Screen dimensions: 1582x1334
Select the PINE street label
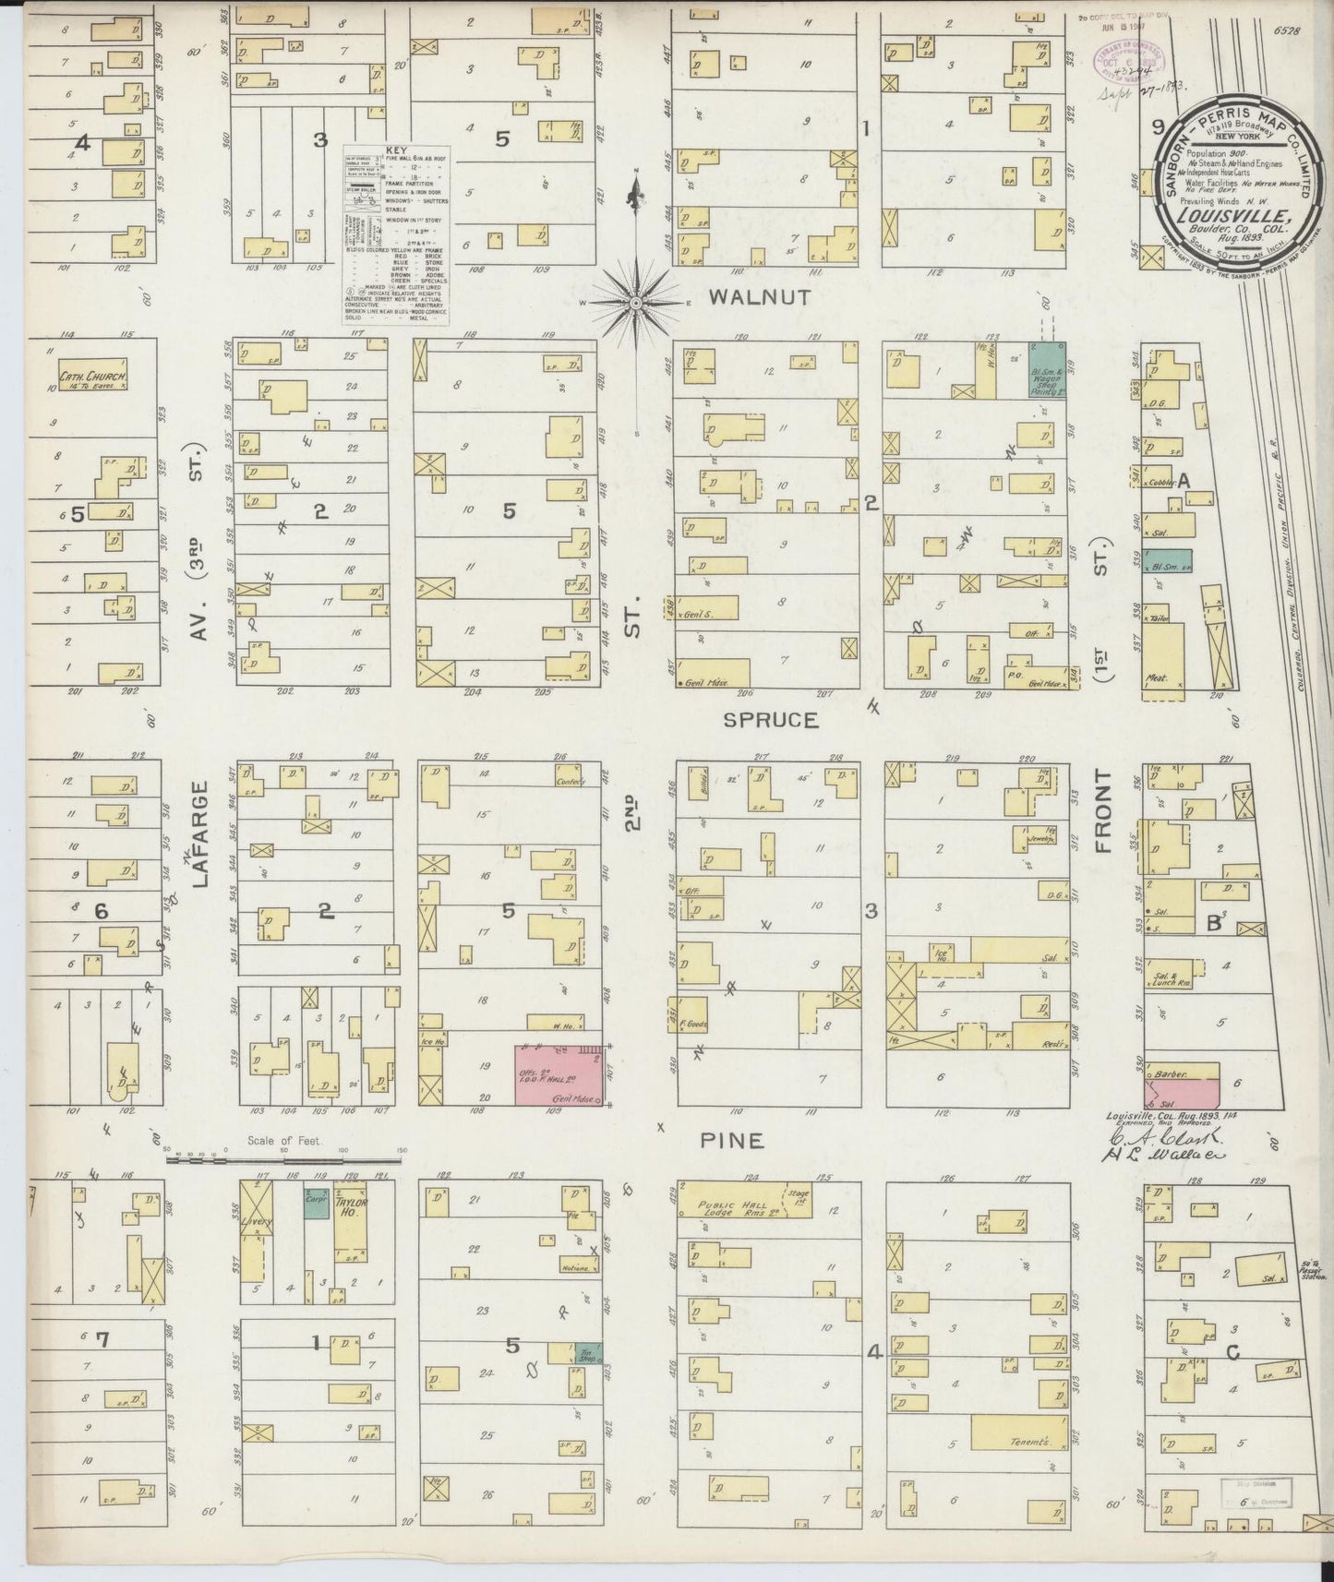[x=731, y=1141]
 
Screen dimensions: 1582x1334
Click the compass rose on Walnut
[x=637, y=302]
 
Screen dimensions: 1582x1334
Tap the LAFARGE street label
[x=202, y=834]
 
